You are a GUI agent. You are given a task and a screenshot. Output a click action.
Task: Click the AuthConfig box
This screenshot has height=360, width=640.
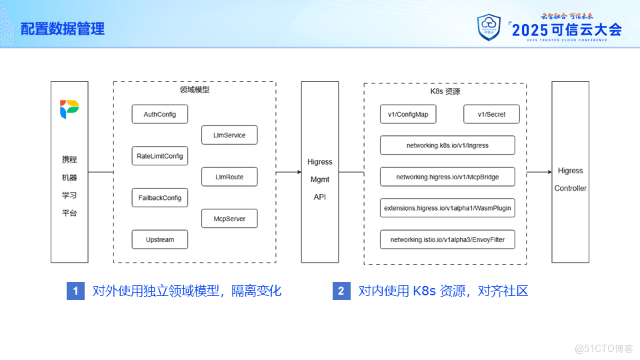point(159,114)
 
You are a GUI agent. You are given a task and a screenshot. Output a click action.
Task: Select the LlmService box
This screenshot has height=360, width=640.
point(229,135)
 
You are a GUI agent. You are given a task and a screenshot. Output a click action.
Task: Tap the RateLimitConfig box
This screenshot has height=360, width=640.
point(159,156)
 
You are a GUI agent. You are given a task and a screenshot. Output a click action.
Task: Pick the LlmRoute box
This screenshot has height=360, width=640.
point(229,177)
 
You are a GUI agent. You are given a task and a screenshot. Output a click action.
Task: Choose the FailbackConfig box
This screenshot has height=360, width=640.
point(159,197)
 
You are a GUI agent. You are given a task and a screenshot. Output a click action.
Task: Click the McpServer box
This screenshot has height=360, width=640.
point(229,219)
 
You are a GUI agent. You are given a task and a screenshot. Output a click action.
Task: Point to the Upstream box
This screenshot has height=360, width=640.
point(159,239)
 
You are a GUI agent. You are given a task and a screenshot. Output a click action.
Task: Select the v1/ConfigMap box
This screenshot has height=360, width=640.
point(408,114)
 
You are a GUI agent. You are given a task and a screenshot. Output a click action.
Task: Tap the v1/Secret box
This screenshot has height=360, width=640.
point(491,114)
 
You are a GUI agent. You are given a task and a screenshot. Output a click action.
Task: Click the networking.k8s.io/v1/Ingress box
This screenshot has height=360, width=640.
point(447,145)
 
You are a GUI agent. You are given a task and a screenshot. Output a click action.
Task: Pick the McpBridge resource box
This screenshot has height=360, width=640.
point(447,177)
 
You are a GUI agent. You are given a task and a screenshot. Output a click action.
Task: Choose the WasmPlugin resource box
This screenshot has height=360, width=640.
point(447,208)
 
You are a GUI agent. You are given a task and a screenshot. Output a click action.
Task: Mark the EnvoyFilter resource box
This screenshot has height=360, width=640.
point(447,239)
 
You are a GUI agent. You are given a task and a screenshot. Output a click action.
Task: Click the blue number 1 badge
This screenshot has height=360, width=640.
point(75,291)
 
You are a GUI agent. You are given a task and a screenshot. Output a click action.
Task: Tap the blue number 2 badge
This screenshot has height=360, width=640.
point(341,291)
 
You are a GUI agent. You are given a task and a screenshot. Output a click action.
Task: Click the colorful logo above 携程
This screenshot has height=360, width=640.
point(69,109)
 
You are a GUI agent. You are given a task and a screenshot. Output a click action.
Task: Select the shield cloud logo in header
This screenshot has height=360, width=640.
point(489,27)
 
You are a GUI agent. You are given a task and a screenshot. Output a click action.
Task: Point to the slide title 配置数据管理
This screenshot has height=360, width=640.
point(63,29)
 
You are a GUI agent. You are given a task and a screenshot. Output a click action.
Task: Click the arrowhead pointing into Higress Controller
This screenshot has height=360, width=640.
point(550,172)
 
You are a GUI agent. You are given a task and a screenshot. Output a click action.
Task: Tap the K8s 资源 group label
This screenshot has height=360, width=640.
point(445,91)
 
